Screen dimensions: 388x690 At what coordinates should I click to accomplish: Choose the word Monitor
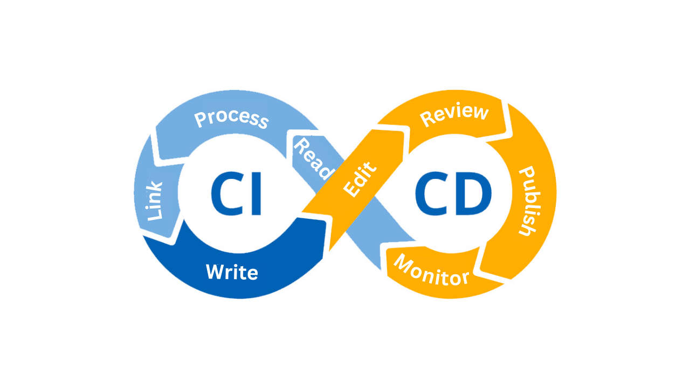(431, 271)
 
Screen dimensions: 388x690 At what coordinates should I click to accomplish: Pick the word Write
(232, 272)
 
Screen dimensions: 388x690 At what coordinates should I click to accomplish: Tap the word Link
(155, 200)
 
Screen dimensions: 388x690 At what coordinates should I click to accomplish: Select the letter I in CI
(257, 194)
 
